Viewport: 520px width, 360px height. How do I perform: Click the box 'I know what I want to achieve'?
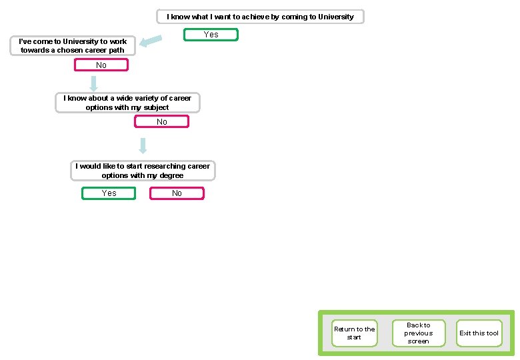[x=260, y=17]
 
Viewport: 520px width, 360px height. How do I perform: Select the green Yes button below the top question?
[x=211, y=35]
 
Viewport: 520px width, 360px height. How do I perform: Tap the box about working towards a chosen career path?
[x=73, y=46]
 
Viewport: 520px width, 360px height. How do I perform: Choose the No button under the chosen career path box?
[x=101, y=65]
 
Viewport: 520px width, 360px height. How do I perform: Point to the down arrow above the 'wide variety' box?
[x=94, y=83]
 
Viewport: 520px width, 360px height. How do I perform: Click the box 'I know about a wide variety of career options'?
[x=127, y=103]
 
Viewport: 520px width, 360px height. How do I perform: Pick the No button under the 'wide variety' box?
[x=161, y=122]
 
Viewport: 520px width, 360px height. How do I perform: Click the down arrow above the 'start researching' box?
[x=143, y=145]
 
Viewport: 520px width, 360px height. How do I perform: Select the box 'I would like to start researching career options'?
[x=143, y=171]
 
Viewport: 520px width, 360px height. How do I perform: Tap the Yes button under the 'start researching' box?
[x=109, y=193]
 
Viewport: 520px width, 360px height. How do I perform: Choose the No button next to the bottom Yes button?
[x=177, y=193]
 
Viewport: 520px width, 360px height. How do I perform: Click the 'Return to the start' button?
[x=354, y=333]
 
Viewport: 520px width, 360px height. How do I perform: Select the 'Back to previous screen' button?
[x=418, y=333]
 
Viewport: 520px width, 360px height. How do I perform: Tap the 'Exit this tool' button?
[x=479, y=333]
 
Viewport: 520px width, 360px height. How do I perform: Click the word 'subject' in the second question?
[x=155, y=107]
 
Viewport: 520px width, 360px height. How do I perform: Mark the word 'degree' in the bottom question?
[x=170, y=175]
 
